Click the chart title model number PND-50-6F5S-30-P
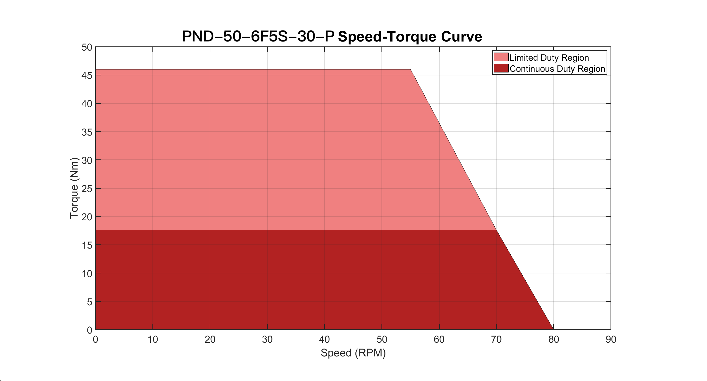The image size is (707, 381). (x=258, y=36)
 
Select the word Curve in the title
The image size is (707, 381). (x=461, y=37)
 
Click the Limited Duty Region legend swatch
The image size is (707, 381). (x=501, y=57)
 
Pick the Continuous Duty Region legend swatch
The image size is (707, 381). (x=501, y=68)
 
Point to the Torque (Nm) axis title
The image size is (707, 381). (x=74, y=188)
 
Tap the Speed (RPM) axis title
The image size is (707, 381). (x=353, y=353)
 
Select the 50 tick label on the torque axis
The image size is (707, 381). (x=87, y=47)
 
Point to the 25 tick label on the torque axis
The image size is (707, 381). (x=87, y=189)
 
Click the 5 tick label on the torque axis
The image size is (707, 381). (x=89, y=302)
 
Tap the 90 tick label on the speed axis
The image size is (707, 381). (x=611, y=339)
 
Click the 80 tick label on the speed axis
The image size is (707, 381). (x=554, y=339)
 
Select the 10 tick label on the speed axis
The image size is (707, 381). (x=153, y=339)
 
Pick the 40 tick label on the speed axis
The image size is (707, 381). (x=324, y=339)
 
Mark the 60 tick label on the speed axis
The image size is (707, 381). (x=439, y=339)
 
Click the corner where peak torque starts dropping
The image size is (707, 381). (x=410, y=69)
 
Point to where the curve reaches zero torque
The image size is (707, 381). (x=553, y=329)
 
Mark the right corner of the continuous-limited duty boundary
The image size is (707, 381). (x=496, y=230)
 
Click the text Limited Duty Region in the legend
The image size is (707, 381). (x=549, y=58)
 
